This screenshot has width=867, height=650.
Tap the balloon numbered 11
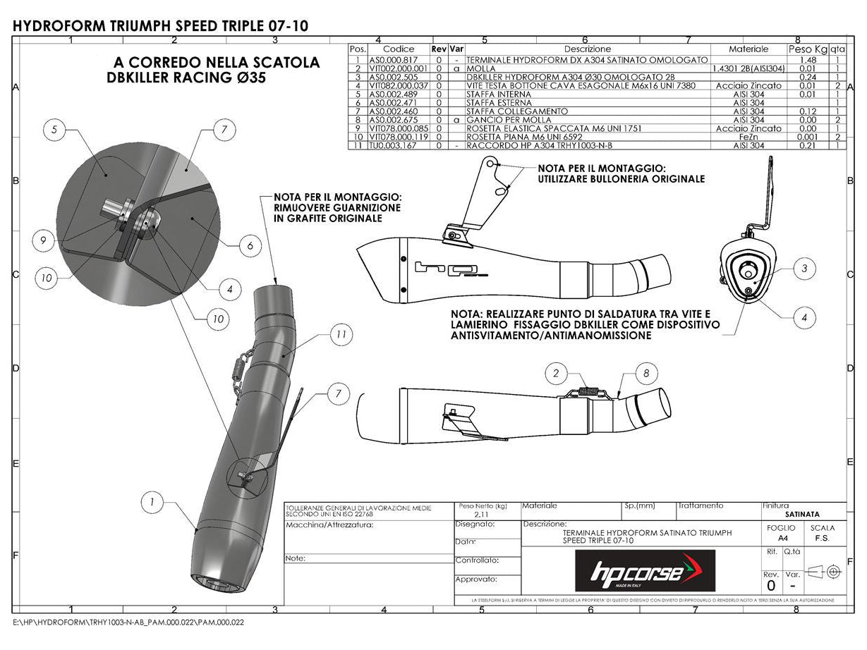342,335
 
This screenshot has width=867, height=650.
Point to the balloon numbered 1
152,502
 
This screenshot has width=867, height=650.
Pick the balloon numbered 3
804,268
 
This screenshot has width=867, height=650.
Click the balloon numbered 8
646,374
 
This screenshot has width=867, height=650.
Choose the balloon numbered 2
557,373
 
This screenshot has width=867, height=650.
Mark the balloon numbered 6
250,246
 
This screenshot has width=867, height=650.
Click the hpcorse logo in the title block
645,570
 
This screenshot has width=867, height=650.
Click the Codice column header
399,49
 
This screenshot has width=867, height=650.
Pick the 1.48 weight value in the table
808,60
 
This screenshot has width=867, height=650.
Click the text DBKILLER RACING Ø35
186,78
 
